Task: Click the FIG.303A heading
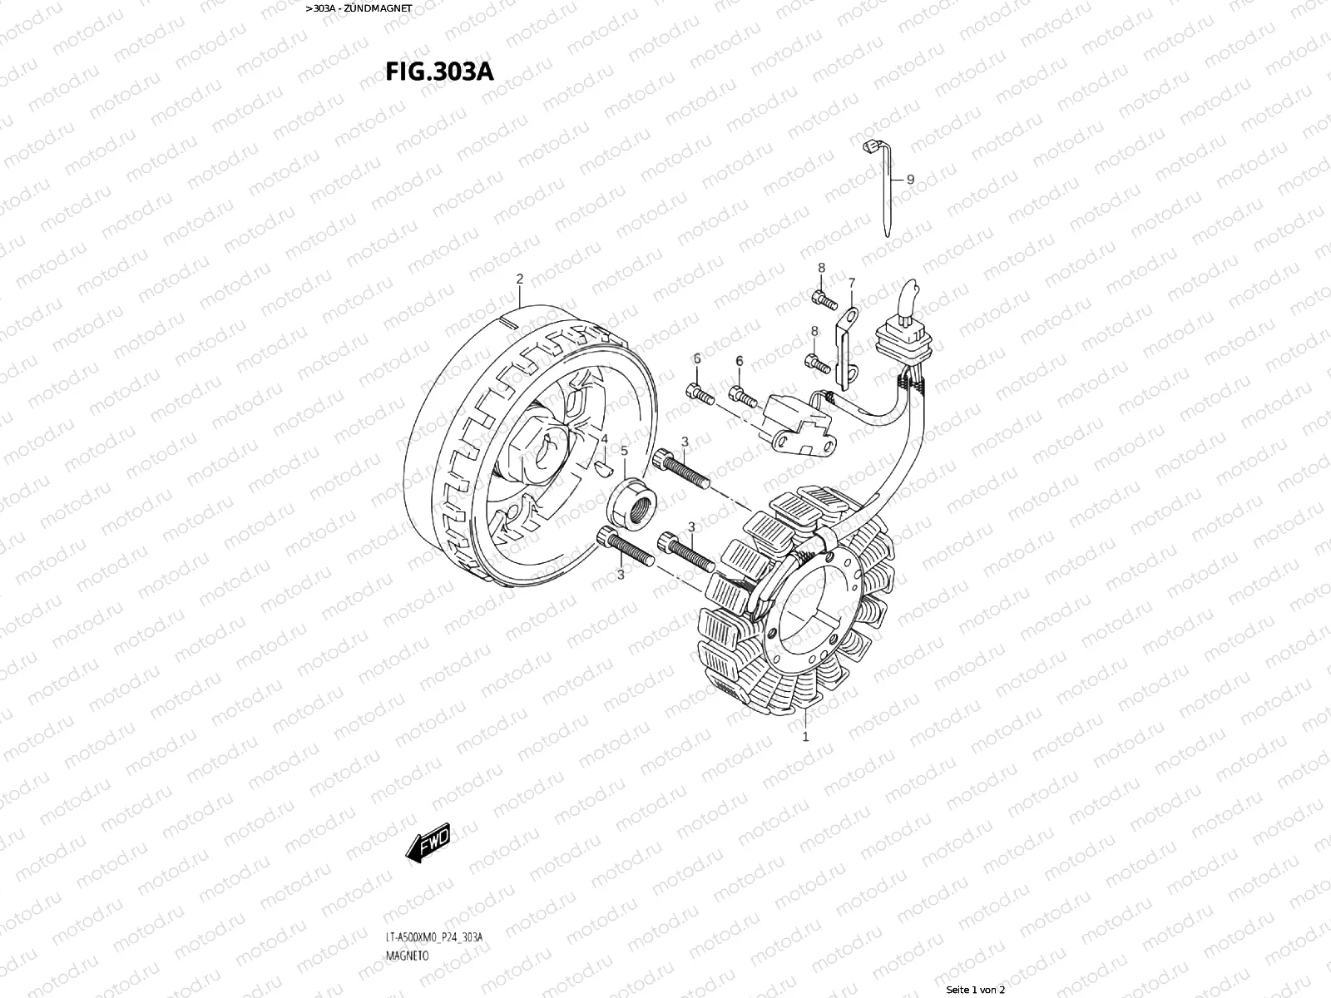pyautogui.click(x=438, y=72)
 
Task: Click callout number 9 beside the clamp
pyautogui.click(x=910, y=179)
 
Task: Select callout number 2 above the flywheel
pyautogui.click(x=519, y=278)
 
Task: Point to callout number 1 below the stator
pyautogui.click(x=804, y=736)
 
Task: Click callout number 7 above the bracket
pyautogui.click(x=851, y=284)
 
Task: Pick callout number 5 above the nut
pyautogui.click(x=624, y=452)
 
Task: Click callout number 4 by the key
pyautogui.click(x=605, y=438)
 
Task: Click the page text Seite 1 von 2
pyautogui.click(x=976, y=990)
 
